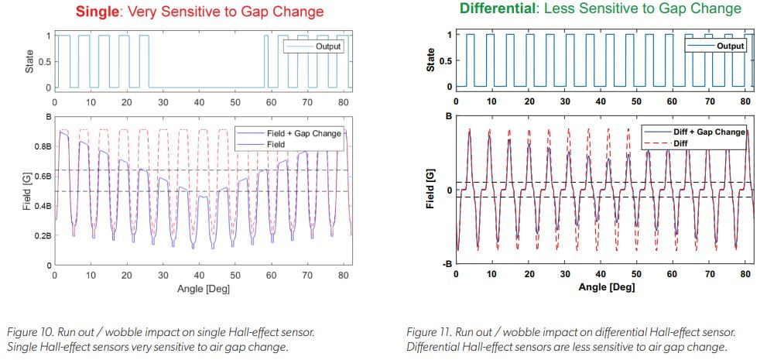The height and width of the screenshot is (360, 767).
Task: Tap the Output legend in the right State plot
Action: pyautogui.click(x=728, y=46)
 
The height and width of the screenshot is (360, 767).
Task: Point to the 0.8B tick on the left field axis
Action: pyautogui.click(x=39, y=146)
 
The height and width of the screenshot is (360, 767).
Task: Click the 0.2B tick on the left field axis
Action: pyautogui.click(x=39, y=235)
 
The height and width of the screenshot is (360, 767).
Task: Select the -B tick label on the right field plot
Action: pyautogui.click(x=447, y=265)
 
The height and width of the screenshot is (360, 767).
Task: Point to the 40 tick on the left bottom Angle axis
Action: pyautogui.click(x=199, y=275)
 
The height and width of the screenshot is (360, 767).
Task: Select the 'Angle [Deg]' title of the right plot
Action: pyautogui.click(x=607, y=287)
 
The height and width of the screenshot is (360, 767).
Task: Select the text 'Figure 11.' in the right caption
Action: pyautogui.click(x=430, y=332)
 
